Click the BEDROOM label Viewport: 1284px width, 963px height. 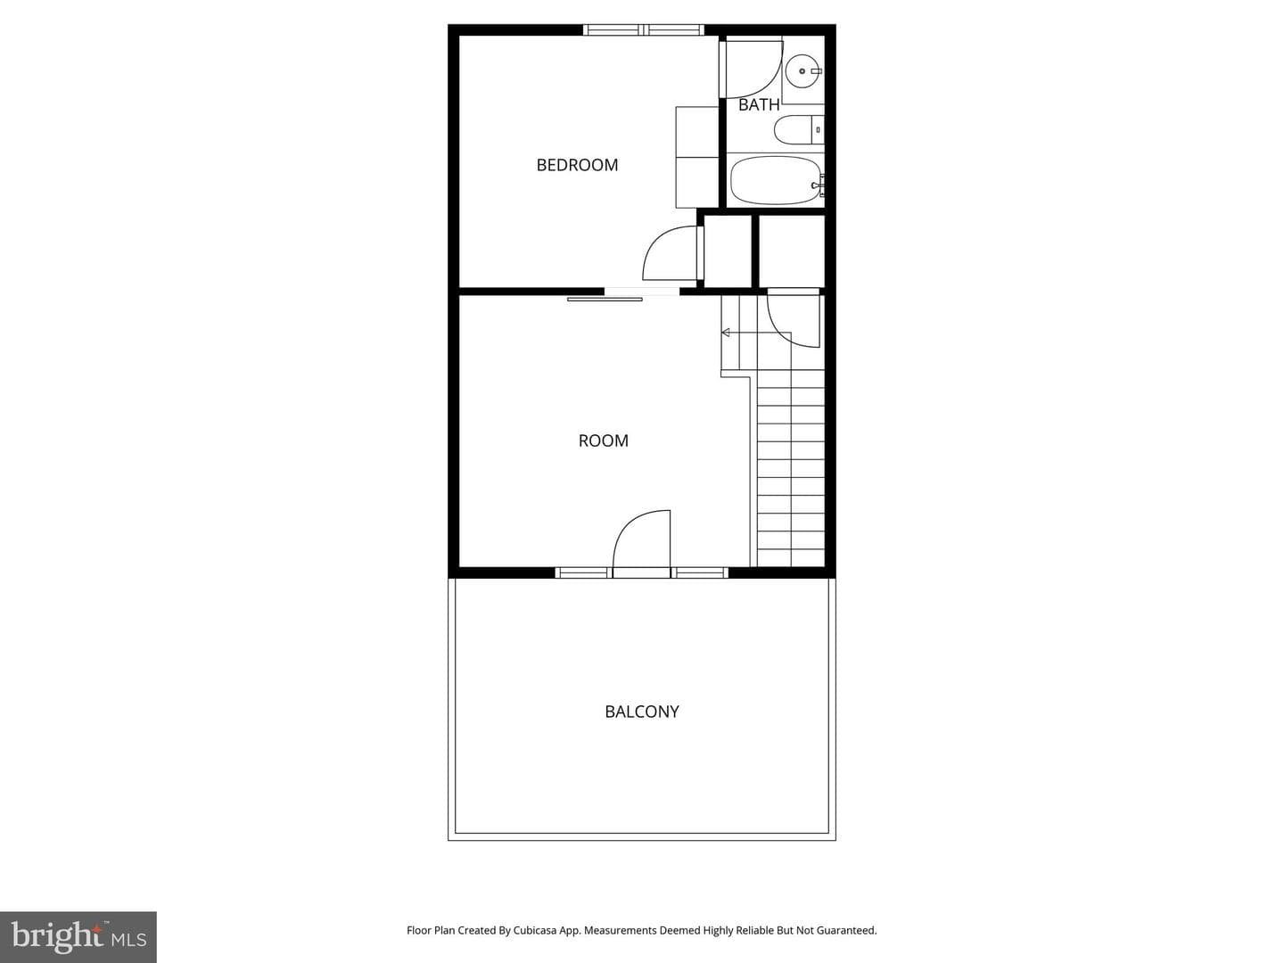(x=577, y=165)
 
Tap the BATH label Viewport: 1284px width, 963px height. (x=759, y=104)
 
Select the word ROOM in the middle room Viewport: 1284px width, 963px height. (x=603, y=440)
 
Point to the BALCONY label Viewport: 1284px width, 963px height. (x=642, y=712)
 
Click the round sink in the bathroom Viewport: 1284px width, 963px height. (x=802, y=70)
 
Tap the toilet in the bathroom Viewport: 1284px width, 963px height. (x=799, y=130)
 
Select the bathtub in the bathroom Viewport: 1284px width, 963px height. (x=775, y=181)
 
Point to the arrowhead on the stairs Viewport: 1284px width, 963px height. (x=726, y=333)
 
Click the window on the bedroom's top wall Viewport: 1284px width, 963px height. (x=644, y=29)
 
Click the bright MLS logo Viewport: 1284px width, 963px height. (x=78, y=936)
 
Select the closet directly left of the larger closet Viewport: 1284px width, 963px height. (x=728, y=251)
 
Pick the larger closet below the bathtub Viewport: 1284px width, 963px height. (x=792, y=251)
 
